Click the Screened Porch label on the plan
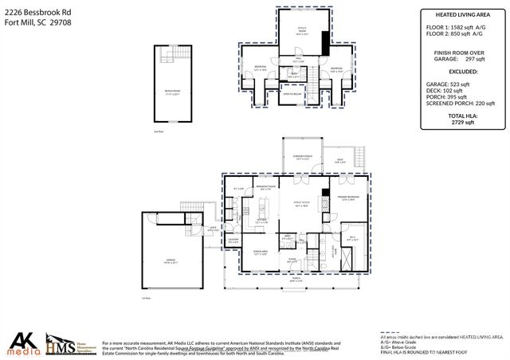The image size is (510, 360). click(x=301, y=158)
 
